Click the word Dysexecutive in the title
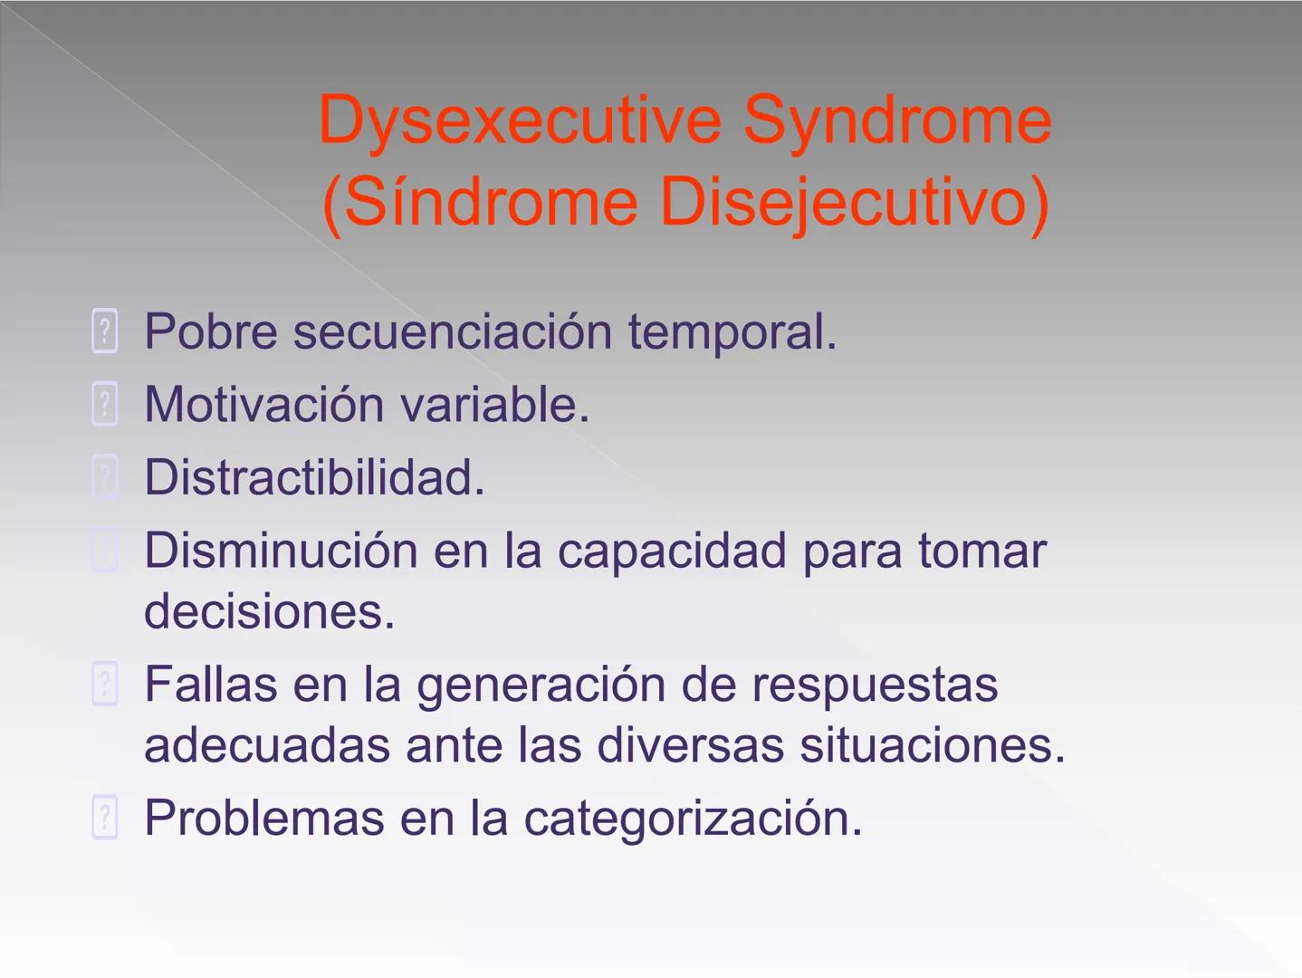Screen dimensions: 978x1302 point(520,121)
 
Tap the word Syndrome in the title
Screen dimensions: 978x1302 point(897,120)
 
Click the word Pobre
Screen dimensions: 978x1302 point(210,331)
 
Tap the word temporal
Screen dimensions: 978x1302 point(732,331)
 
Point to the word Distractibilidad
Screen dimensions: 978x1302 point(314,477)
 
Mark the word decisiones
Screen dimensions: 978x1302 point(269,611)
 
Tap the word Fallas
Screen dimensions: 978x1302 point(210,684)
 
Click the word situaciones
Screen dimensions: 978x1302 point(932,745)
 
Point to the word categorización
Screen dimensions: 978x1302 point(693,818)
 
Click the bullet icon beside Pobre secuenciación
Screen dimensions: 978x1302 point(105,331)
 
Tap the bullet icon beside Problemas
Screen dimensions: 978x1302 point(105,818)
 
